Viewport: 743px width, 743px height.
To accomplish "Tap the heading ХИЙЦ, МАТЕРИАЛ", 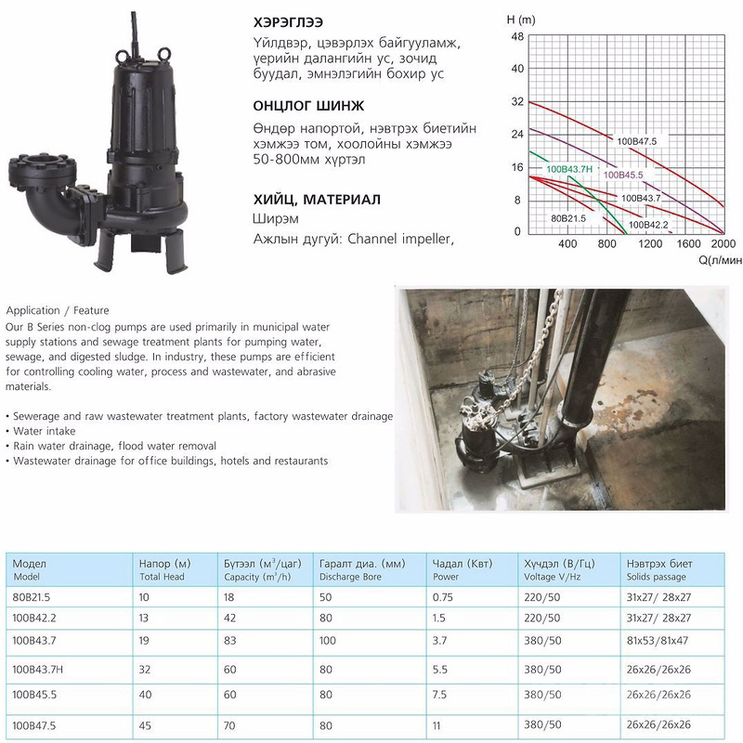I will (316, 199).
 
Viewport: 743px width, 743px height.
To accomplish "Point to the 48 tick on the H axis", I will (517, 36).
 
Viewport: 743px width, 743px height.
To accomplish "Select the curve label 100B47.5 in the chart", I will (636, 141).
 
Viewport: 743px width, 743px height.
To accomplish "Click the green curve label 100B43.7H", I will (570, 168).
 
